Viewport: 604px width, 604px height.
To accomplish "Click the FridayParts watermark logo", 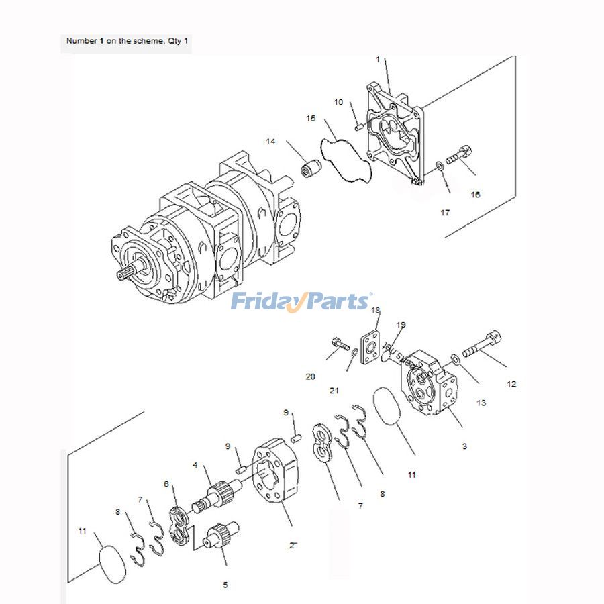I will pyautogui.click(x=301, y=301).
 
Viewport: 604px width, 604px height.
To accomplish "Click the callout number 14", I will pyautogui.click(x=270, y=142).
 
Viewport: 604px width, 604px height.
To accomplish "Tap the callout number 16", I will pyautogui.click(x=475, y=195).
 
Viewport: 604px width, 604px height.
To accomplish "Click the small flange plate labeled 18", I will pyautogui.click(x=370, y=346).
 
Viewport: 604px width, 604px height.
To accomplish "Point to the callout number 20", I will pyautogui.click(x=310, y=377).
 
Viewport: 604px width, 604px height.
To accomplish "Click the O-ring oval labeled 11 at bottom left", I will pyautogui.click(x=112, y=563).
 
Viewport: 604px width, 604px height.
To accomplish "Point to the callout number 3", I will pyautogui.click(x=464, y=446).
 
